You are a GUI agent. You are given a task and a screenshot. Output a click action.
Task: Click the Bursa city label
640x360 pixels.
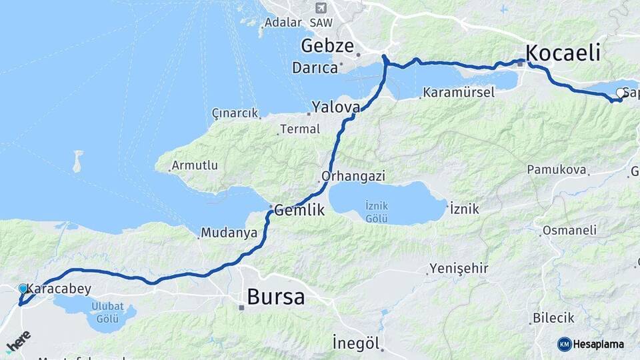click(275, 297)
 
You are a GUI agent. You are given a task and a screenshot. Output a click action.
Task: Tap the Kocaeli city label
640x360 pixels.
click(563, 53)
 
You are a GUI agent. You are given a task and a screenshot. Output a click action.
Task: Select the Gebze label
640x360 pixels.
click(326, 46)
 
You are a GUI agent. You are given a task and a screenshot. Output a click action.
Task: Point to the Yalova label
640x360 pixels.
click(336, 107)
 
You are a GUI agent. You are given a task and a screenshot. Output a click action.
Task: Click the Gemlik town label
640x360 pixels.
click(299, 210)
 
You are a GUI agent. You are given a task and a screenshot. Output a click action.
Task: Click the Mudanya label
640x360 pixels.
click(229, 233)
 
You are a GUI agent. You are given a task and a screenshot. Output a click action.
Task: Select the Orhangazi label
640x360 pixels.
click(353, 177)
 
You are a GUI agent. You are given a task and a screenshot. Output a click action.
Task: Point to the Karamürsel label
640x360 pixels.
click(459, 93)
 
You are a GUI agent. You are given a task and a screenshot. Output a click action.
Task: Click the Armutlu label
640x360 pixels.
click(194, 165)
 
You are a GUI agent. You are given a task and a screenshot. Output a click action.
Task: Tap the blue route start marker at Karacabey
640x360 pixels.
click(23, 289)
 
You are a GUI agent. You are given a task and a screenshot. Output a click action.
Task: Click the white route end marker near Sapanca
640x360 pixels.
click(621, 93)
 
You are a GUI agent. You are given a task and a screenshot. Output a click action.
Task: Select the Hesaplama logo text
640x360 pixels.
click(597, 344)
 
